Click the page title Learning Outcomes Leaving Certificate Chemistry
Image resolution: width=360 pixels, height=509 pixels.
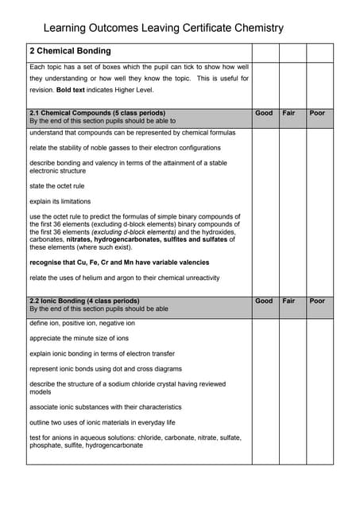162,27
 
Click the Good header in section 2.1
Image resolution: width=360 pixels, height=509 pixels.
264,114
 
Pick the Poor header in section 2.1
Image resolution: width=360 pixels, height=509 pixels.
317,114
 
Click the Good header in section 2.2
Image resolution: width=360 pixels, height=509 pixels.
264,301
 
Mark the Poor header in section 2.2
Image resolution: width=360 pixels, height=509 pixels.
317,301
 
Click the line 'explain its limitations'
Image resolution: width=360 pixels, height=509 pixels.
60,201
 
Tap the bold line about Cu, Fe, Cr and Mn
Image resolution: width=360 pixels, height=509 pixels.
119,262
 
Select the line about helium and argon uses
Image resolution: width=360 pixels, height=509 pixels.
124,278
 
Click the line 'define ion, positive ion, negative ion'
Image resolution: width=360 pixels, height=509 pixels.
82,324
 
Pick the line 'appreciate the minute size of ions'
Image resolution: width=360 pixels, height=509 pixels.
79,339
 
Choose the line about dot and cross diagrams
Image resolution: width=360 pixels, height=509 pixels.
106,369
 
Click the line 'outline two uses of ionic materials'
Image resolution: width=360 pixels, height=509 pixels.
102,422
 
